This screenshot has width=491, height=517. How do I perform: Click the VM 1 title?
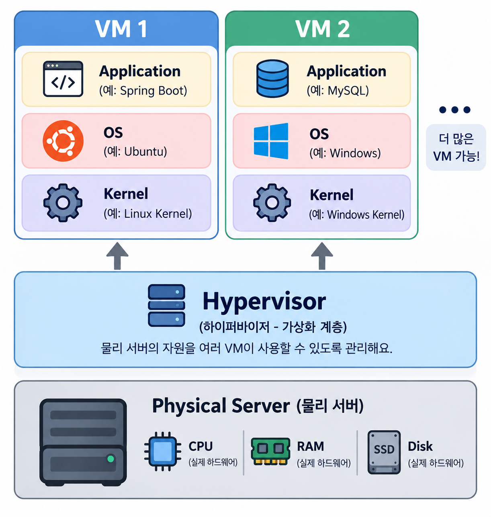(x=121, y=29)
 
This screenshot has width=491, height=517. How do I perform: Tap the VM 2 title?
(x=322, y=29)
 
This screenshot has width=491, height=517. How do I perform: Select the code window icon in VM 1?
(x=63, y=79)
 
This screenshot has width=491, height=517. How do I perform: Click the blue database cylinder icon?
(x=272, y=78)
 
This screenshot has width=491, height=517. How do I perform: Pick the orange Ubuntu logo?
(x=63, y=141)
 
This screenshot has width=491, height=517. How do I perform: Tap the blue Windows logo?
(x=271, y=141)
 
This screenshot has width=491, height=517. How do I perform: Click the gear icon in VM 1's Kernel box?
(x=63, y=202)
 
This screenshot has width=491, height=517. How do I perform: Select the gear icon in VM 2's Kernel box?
(x=272, y=202)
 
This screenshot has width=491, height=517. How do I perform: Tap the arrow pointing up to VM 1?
(x=117, y=256)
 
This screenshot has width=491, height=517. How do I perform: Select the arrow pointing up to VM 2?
(x=322, y=256)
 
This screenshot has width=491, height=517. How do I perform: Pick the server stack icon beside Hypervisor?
(x=167, y=306)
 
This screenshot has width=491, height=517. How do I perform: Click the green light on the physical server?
(x=111, y=459)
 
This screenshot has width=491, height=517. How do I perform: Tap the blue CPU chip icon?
(x=163, y=452)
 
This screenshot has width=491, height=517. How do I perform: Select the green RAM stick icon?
(x=270, y=452)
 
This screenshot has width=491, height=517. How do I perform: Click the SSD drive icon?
(x=384, y=452)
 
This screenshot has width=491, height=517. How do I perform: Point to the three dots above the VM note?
(x=455, y=110)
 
